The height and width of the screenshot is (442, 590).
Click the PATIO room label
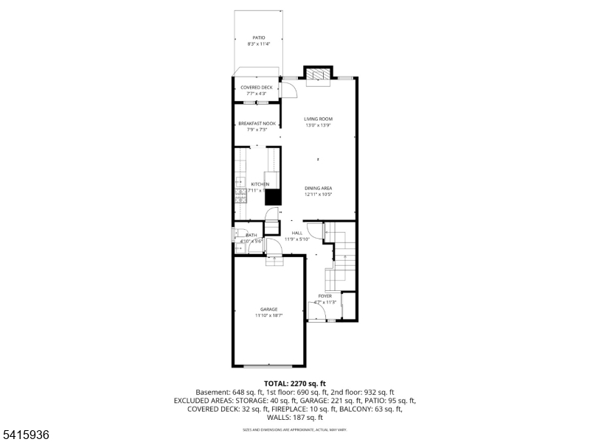click(x=258, y=37)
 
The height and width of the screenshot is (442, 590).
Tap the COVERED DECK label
click(x=256, y=87)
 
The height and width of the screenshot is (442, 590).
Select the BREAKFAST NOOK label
click(x=256, y=124)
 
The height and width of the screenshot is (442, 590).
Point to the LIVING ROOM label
click(x=319, y=119)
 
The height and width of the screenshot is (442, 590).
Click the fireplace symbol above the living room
click(x=319, y=74)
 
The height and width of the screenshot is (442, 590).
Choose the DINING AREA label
click(x=319, y=188)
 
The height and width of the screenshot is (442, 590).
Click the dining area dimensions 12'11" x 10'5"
click(x=319, y=194)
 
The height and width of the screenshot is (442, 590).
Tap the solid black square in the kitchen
click(x=273, y=197)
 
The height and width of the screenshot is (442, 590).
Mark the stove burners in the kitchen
click(x=240, y=195)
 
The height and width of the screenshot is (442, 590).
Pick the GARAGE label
click(x=268, y=309)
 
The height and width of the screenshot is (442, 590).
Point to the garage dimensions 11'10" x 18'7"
click(x=268, y=315)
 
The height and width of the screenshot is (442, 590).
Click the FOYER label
click(x=324, y=295)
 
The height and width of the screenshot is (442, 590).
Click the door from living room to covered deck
click(x=289, y=88)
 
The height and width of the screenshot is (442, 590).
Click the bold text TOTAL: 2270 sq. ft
click(x=294, y=384)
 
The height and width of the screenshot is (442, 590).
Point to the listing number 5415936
click(x=25, y=435)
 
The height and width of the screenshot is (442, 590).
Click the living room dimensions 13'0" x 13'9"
click(x=319, y=125)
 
